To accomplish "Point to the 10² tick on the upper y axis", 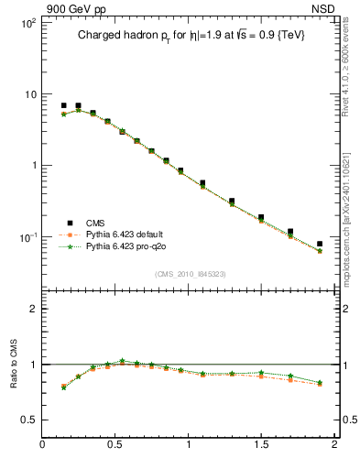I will (x=27, y=23).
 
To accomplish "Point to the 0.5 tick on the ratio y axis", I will (x=28, y=420).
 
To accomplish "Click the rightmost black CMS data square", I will (x=320, y=245).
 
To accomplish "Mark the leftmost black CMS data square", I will (x=63, y=105).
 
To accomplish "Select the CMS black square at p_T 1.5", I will (x=261, y=218).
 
